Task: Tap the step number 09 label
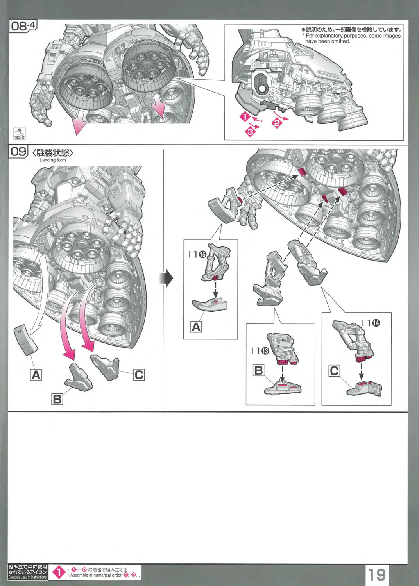click(18, 151)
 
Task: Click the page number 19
click(376, 574)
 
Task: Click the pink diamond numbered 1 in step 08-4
click(245, 117)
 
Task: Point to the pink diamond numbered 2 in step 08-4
click(277, 123)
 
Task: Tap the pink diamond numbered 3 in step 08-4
click(250, 131)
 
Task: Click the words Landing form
click(53, 160)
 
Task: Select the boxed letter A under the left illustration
click(36, 375)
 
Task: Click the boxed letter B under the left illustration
click(57, 399)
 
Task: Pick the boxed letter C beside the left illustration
click(139, 375)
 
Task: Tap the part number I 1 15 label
click(197, 254)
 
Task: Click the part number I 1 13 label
click(260, 351)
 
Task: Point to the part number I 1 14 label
click(371, 323)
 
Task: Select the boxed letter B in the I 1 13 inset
click(258, 370)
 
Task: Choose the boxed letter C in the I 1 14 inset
click(334, 370)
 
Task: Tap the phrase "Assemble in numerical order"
click(96, 575)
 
